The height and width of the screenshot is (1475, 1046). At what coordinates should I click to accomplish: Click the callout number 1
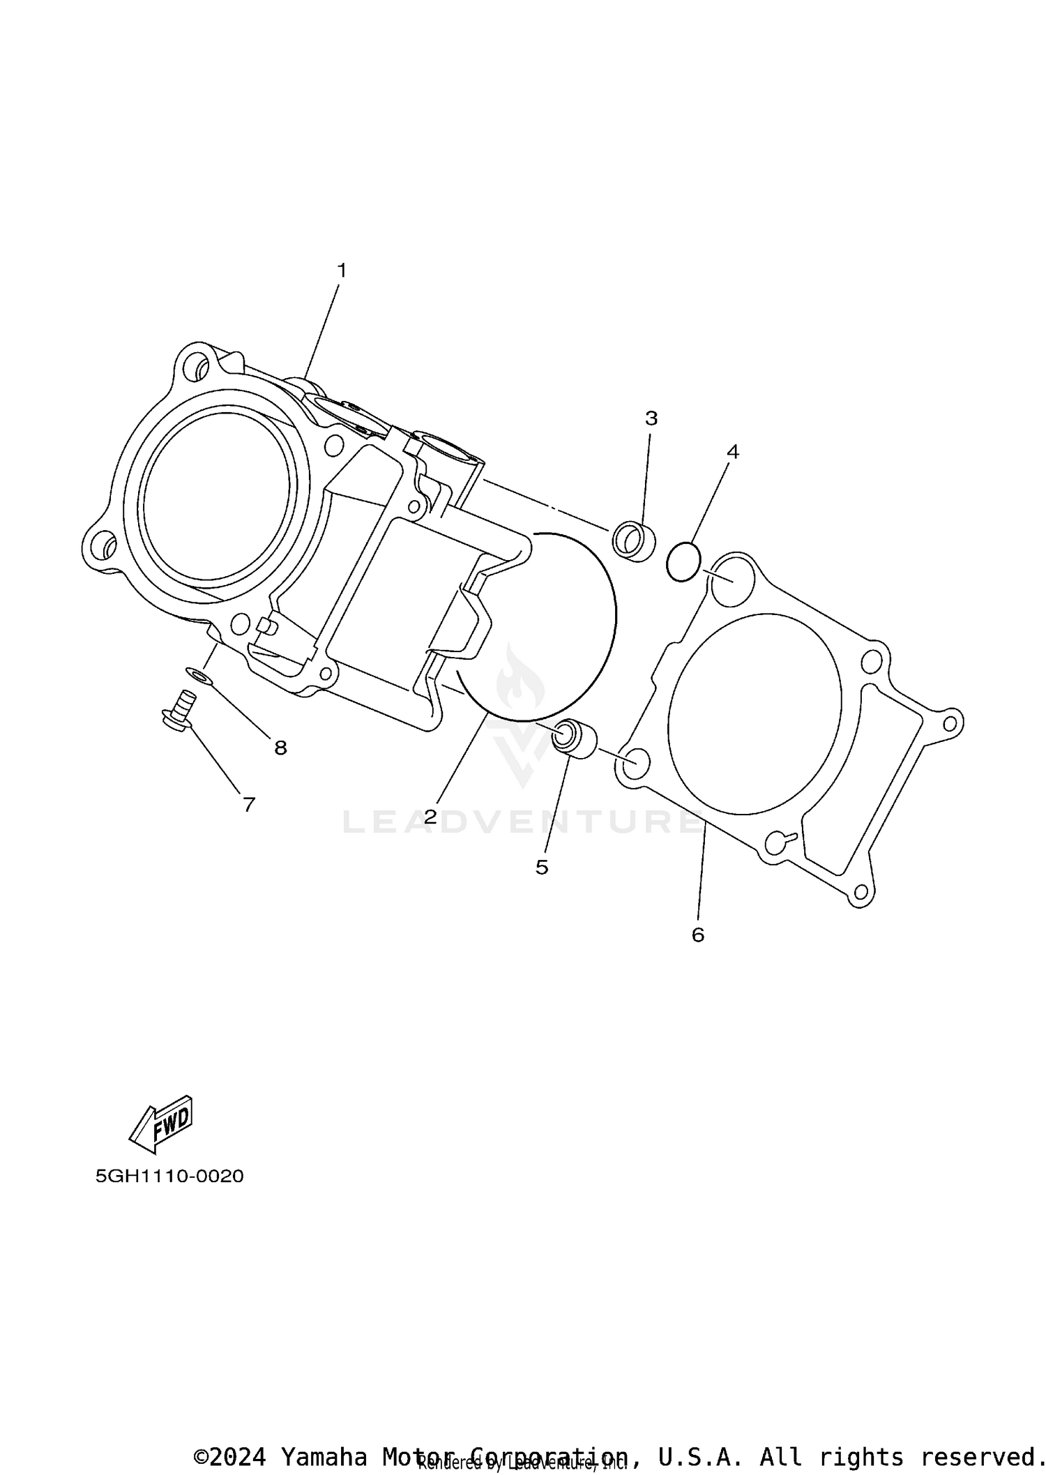pyautogui.click(x=342, y=271)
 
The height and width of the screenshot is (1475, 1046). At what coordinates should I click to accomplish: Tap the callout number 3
pyautogui.click(x=651, y=418)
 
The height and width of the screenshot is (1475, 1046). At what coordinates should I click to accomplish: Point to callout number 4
pyautogui.click(x=733, y=452)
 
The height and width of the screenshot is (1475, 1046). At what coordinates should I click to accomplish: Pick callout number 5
pyautogui.click(x=542, y=867)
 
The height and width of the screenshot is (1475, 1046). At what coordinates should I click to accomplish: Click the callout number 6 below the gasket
pyautogui.click(x=698, y=935)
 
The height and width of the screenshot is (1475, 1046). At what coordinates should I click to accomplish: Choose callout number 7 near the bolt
pyautogui.click(x=249, y=805)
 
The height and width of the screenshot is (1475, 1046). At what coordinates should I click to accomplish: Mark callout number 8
pyautogui.click(x=280, y=748)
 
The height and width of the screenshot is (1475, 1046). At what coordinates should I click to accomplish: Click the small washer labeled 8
pyautogui.click(x=199, y=674)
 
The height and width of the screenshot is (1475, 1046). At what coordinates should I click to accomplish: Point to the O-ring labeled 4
pyautogui.click(x=683, y=561)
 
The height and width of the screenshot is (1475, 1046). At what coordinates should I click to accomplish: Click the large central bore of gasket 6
pyautogui.click(x=755, y=713)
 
